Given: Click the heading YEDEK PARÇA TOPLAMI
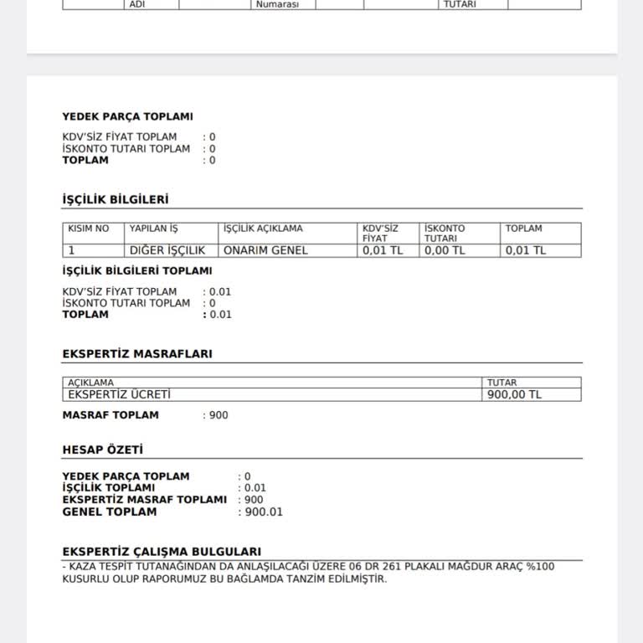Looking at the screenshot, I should (127, 117).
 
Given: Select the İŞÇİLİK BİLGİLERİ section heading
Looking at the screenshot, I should (116, 200).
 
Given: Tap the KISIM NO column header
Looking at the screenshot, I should (89, 229).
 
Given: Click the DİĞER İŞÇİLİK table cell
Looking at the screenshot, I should (167, 250).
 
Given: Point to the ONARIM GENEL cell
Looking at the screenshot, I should (265, 250).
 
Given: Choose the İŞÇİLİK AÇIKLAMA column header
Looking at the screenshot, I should (263, 229).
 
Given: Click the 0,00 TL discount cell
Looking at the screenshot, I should (445, 250).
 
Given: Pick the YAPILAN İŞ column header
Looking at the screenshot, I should (154, 229).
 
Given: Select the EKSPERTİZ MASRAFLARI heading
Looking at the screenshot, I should (137, 354).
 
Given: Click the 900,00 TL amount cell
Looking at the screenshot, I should (514, 394).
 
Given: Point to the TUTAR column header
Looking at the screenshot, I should (502, 383).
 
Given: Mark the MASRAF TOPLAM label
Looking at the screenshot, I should (111, 415).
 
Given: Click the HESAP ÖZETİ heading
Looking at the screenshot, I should (102, 450).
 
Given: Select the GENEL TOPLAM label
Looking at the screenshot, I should (109, 512).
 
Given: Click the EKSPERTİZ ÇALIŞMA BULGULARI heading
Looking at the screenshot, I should (162, 552).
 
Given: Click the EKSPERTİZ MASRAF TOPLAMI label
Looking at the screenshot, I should (144, 500).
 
